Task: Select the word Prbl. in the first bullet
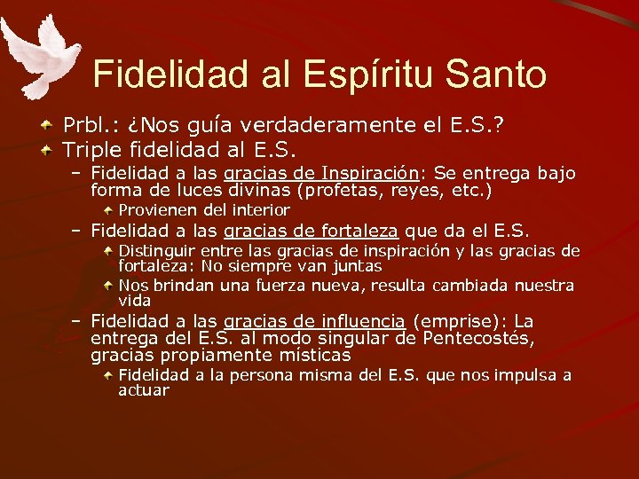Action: [84, 126]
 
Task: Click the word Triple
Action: [92, 147]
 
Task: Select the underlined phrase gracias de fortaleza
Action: [311, 231]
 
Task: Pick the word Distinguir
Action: [158, 251]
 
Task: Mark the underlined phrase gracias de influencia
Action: [315, 321]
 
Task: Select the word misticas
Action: [316, 355]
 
